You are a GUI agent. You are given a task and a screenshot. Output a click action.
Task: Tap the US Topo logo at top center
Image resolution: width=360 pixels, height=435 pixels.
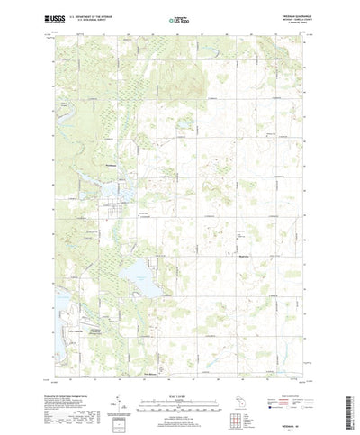click(x=179, y=17)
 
